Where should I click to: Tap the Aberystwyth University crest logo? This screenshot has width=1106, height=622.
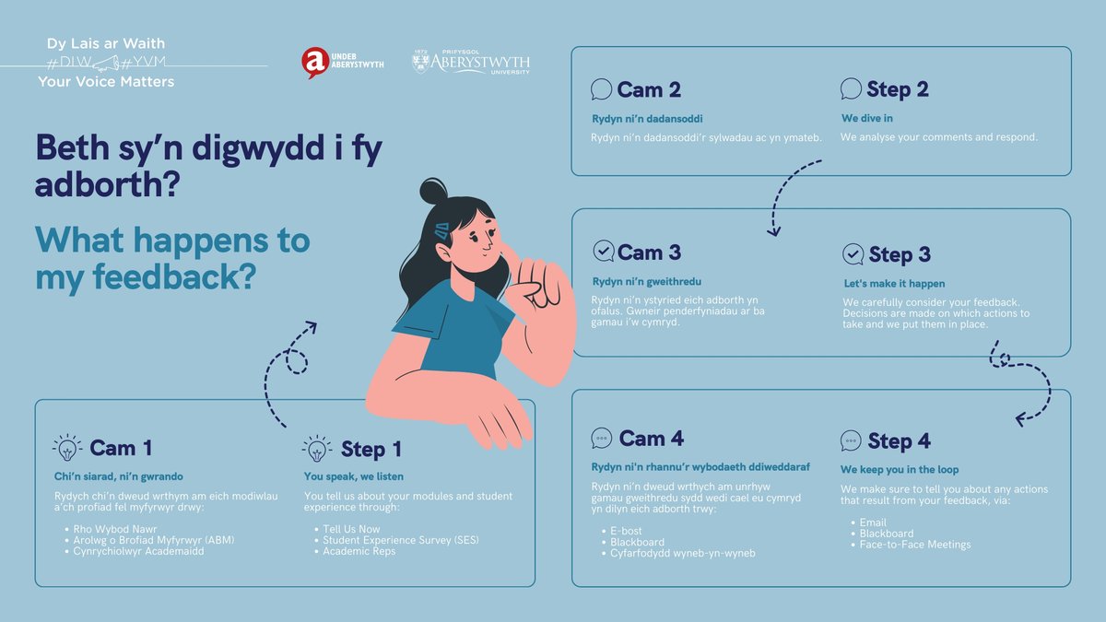pos(423,62)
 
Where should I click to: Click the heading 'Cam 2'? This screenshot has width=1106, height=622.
pos(649,89)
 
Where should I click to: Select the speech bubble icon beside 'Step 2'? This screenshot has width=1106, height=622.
pos(851,89)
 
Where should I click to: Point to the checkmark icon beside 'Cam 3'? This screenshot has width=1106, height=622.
pos(603,252)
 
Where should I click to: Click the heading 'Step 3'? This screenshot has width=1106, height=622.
pos(900,254)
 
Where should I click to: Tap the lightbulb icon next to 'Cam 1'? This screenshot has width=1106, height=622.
pos(67,449)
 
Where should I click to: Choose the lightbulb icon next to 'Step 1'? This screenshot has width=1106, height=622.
pos(316,449)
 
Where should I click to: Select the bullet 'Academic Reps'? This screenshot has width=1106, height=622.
pos(359,551)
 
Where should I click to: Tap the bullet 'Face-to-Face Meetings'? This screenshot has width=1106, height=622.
pos(914,545)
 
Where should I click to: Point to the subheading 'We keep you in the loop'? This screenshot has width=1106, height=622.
pos(900,469)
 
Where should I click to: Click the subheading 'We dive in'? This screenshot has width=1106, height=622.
pos(866,119)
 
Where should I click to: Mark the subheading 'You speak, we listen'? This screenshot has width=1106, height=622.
pos(353,476)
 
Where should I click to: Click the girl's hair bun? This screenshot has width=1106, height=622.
pos(433,192)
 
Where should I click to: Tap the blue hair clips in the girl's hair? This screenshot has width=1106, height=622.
pos(441,230)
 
